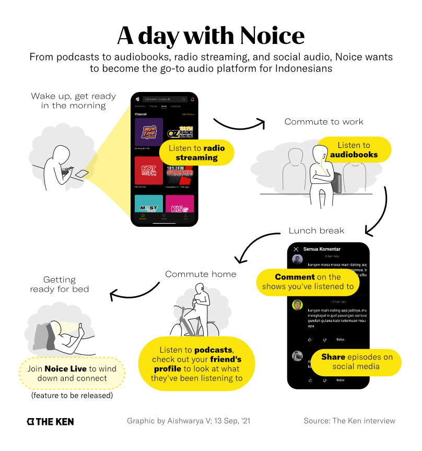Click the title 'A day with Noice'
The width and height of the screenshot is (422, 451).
tap(210, 36)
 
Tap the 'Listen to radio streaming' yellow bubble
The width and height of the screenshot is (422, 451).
tap(196, 153)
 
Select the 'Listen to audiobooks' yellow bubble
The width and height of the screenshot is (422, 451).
tap(354, 150)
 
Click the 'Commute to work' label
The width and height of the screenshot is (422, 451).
tap(324, 122)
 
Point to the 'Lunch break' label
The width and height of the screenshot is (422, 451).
tap(316, 230)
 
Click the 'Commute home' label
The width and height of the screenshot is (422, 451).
tap(201, 274)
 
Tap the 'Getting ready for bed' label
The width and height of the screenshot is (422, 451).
tap(59, 284)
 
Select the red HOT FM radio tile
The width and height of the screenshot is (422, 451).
tap(148, 170)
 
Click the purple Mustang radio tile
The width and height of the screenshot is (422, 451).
tap(148, 132)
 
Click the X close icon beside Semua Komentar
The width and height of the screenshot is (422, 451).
tap(296, 249)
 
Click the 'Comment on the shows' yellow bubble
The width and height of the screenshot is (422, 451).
tap(308, 282)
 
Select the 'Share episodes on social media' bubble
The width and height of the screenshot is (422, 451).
tap(357, 362)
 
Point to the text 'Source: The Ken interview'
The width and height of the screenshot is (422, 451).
tap(349, 421)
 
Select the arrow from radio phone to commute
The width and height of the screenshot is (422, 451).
tap(240, 124)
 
